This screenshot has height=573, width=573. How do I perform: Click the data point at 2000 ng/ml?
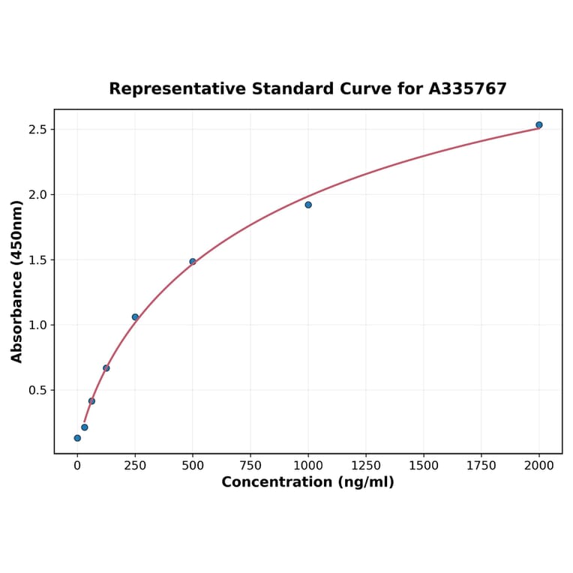tap(538, 125)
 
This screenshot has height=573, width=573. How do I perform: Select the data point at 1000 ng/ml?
tap(308, 205)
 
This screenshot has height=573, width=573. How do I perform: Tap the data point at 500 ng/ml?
tap(193, 262)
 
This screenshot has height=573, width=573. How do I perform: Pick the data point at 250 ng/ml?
tap(135, 317)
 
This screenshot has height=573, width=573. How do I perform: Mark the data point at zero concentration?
tap(77, 438)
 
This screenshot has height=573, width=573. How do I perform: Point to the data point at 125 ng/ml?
tap(106, 368)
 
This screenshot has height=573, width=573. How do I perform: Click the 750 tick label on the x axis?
tap(250, 466)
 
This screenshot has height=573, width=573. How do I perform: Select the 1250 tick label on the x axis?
tap(366, 466)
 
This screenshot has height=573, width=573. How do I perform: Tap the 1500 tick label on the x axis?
tap(424, 466)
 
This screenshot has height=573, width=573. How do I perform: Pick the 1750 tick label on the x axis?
tap(481, 466)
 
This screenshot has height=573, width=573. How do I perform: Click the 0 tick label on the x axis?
tap(77, 466)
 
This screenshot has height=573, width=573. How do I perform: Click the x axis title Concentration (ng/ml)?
tap(307, 482)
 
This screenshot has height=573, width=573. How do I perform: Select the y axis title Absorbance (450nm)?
tap(17, 281)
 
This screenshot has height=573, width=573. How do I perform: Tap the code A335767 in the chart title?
tap(467, 89)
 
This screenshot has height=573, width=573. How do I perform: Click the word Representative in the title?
tap(177, 89)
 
